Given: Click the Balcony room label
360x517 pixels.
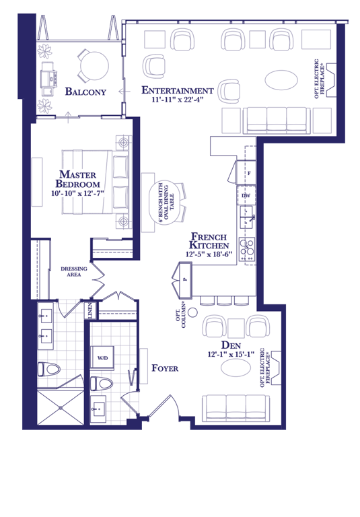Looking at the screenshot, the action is point(85,92).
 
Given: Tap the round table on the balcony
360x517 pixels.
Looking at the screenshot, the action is point(95,65).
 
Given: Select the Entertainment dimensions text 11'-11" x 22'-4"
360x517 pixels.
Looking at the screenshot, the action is point(178,99).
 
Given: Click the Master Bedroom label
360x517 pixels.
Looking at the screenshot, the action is point(77,179).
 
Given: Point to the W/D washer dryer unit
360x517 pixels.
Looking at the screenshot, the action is point(102,357).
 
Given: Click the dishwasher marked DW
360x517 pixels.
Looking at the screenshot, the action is point(246,195).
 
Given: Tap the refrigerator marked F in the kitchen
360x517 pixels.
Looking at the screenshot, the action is point(246,172).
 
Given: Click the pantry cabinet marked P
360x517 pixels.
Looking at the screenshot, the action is point(185,279).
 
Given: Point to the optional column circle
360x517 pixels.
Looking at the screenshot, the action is point(193,312).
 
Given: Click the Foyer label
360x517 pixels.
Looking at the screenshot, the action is point(165,368).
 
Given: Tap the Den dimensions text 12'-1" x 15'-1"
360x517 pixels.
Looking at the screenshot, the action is point(231,355).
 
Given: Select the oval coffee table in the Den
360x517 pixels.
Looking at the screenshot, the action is point(236,368).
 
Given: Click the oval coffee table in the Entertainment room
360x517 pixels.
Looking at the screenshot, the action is point(281,80).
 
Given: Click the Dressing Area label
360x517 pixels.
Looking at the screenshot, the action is point(74,272).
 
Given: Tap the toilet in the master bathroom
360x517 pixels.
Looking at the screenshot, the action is point(48,369).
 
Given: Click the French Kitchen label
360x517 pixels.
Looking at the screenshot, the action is point(209,241).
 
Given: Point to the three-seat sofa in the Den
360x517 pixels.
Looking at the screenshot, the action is point(236,407).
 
